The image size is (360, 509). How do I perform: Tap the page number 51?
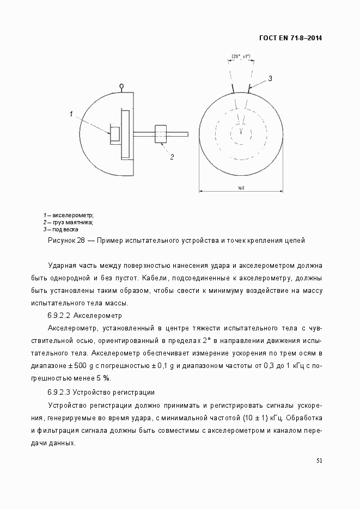tap(320, 461)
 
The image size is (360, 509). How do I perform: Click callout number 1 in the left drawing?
tap(71, 113)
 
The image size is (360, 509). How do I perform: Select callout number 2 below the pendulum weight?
tap(172, 157)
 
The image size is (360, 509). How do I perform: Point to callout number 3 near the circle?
tap(270, 78)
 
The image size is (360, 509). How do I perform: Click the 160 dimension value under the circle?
tap(241, 188)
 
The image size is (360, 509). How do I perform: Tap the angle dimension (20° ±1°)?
tap(240, 56)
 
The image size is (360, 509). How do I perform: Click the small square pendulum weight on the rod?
tap(161, 134)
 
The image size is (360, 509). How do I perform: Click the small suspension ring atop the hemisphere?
tap(121, 85)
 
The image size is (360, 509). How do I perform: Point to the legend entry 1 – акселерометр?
tap(69, 215)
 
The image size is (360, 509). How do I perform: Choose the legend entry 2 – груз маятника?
tap(69, 222)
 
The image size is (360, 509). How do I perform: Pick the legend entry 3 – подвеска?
tap(61, 229)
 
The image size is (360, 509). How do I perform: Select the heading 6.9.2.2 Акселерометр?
tap(84, 316)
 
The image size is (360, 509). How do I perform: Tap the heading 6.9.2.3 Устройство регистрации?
tap(101, 393)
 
